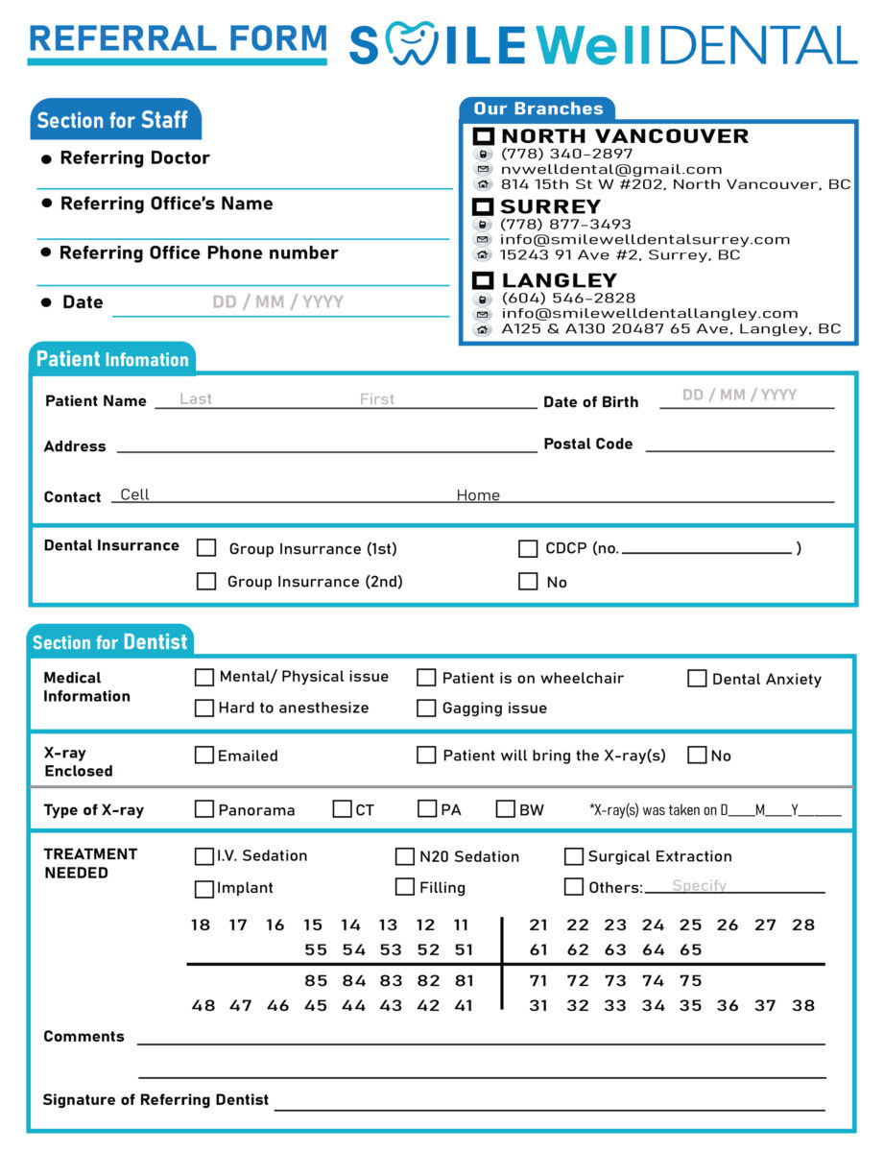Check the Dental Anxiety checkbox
[x=697, y=679]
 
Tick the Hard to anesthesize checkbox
[x=204, y=708]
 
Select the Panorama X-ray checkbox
[x=204, y=809]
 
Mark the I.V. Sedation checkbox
[x=204, y=856]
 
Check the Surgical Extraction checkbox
[x=574, y=856]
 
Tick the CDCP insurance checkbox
[x=528, y=549]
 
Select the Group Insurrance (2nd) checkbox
[x=206, y=581]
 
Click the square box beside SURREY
[x=484, y=207]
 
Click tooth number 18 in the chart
[x=201, y=925]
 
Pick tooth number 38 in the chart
[x=803, y=1005]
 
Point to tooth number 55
[x=316, y=949]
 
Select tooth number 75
[x=690, y=980]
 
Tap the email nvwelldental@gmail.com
[x=611, y=169]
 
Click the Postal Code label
[x=588, y=444]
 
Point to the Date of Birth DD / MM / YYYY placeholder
[x=739, y=395]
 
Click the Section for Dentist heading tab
[x=110, y=642]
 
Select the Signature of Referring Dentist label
[x=155, y=1099]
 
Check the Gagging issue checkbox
[x=426, y=708]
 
